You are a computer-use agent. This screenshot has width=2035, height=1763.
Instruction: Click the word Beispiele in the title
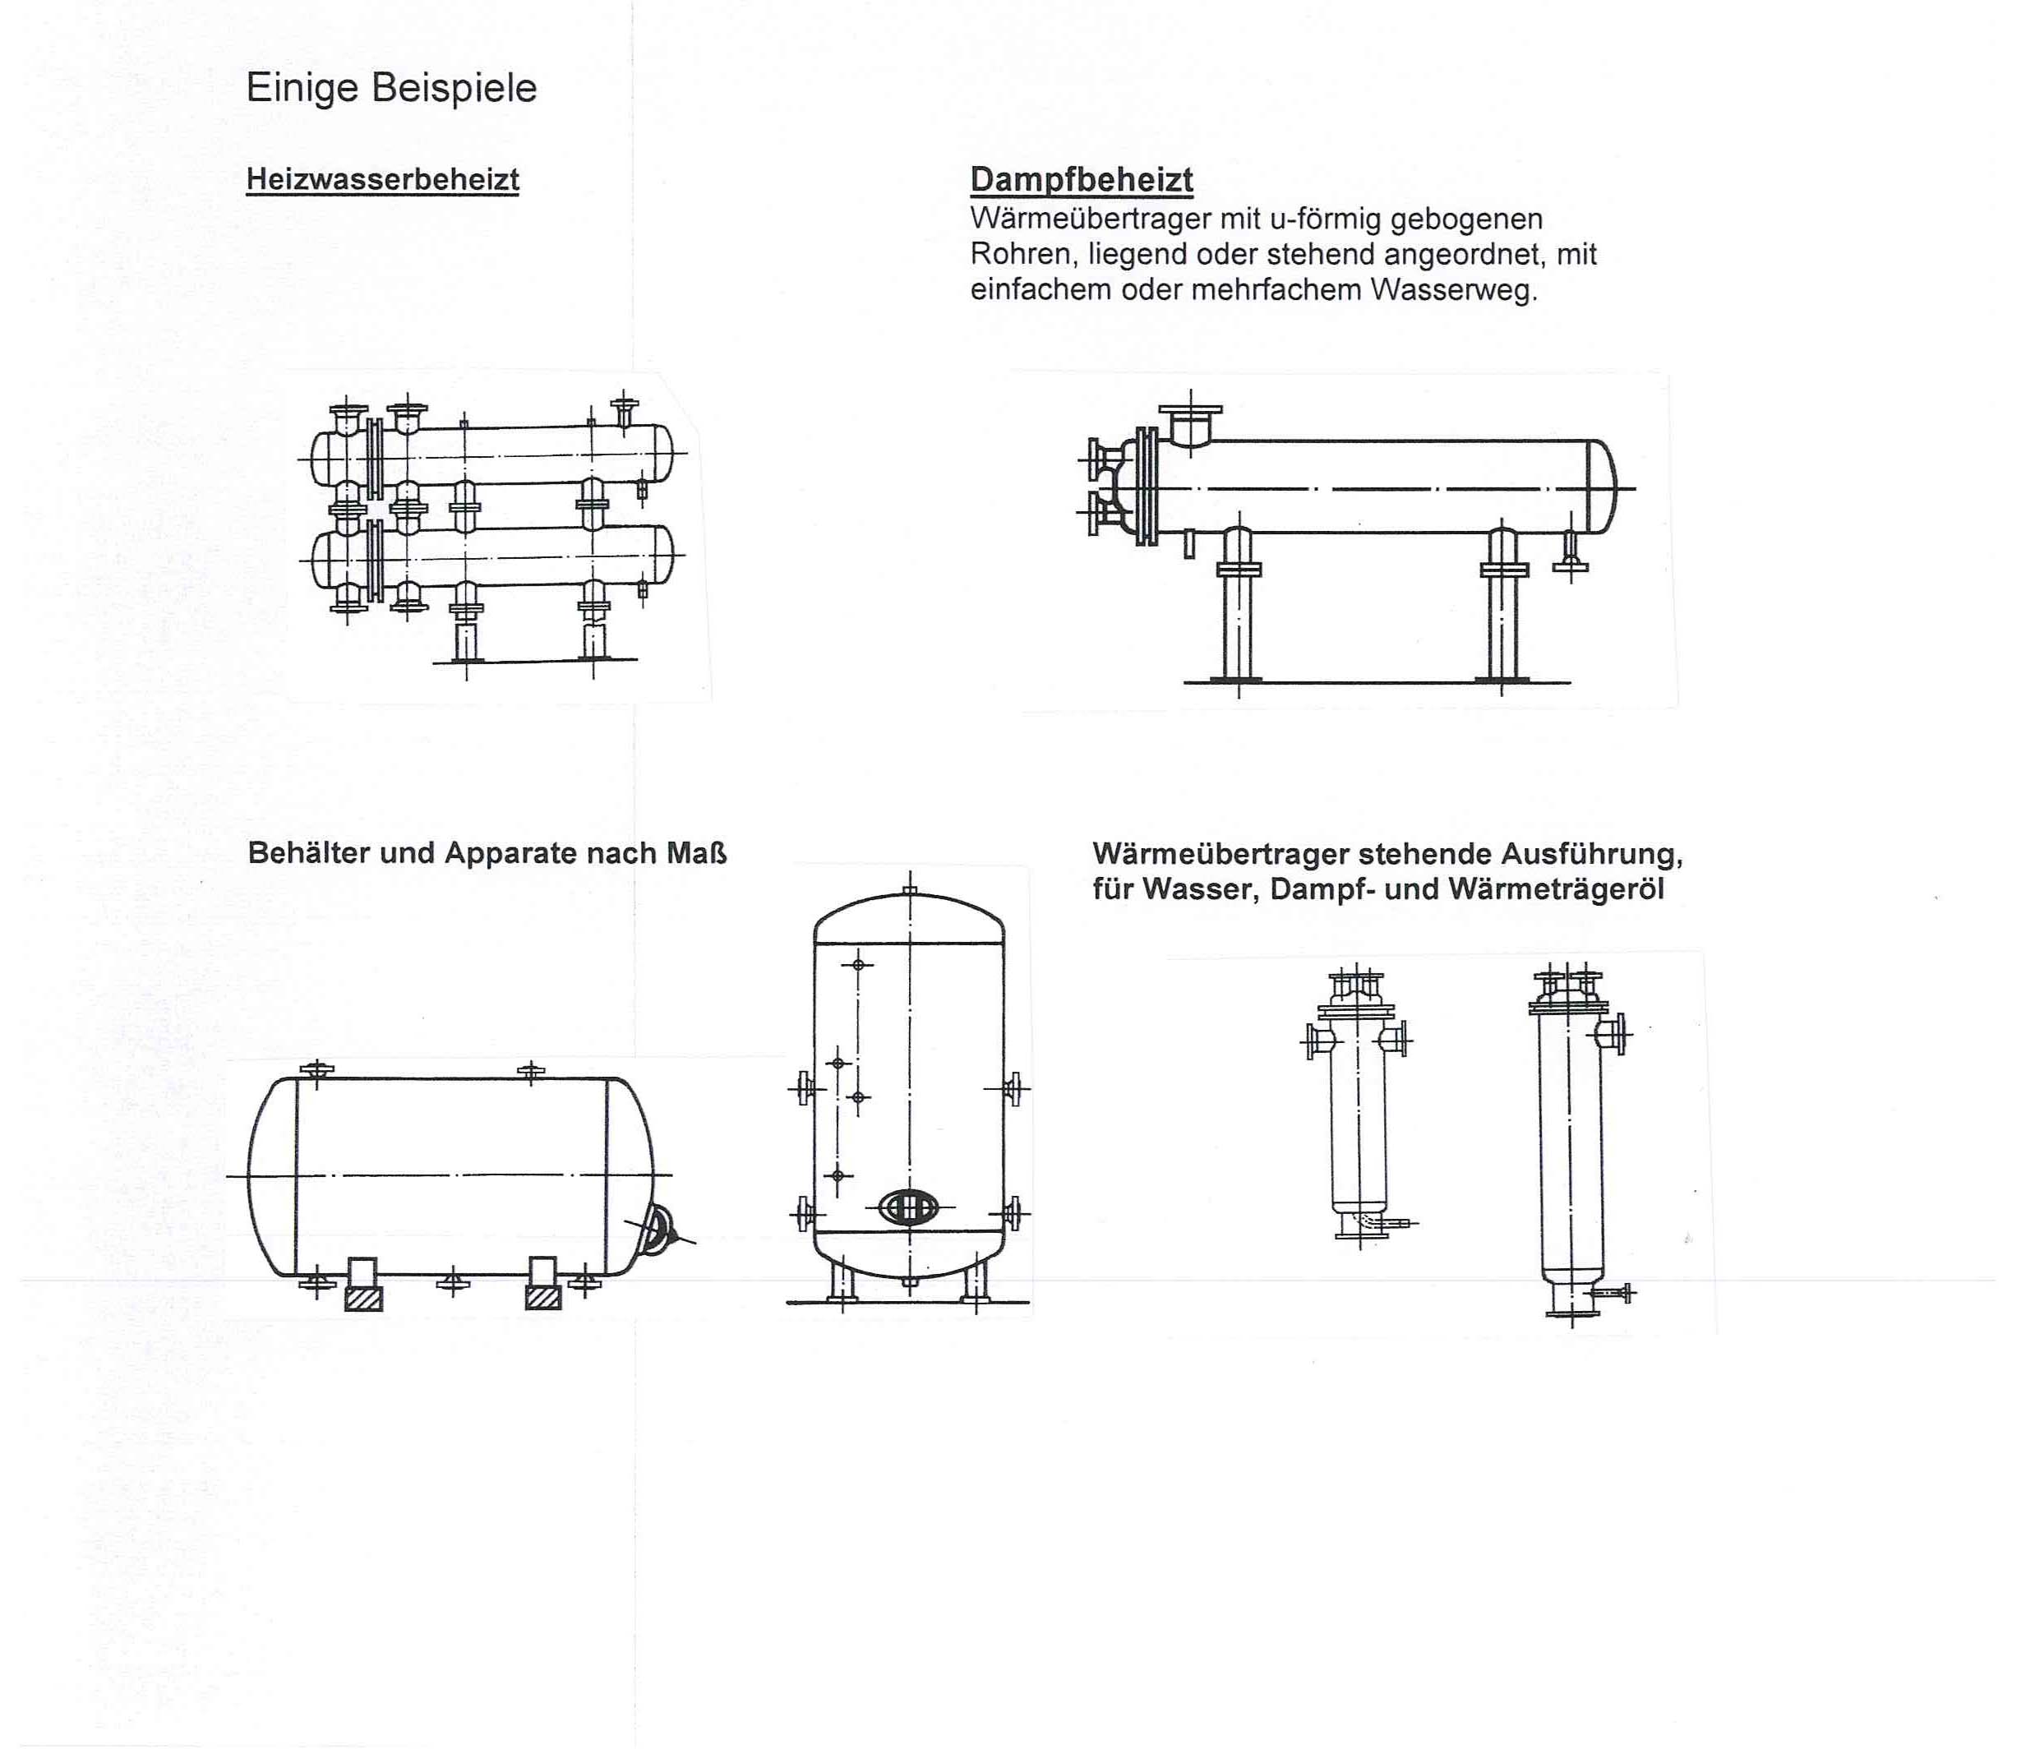coord(454,89)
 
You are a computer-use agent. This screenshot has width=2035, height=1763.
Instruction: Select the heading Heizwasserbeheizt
coord(383,179)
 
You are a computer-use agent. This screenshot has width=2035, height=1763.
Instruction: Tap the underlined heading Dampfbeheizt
coord(1081,179)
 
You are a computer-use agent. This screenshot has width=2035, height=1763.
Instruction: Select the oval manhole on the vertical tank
coord(908,1207)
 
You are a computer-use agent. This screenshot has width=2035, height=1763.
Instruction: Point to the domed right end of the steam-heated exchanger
coord(1604,487)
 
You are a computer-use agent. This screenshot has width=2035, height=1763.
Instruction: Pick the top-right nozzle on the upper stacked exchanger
coord(624,408)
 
